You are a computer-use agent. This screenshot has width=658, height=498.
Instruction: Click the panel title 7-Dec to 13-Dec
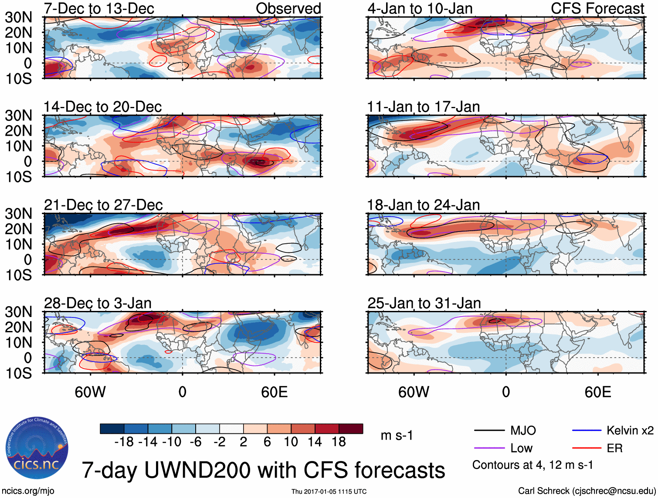point(99,8)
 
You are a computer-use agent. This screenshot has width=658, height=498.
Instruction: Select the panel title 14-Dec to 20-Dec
point(103,107)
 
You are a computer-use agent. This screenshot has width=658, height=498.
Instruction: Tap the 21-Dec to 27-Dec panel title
point(103,205)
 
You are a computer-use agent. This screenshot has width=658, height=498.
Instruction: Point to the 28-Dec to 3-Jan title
point(98,303)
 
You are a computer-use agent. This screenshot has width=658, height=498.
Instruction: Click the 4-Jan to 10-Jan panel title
point(420,8)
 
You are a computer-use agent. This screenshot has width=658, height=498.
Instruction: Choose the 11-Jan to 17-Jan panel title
point(424,107)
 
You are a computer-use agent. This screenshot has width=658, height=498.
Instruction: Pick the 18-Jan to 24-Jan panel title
point(424,205)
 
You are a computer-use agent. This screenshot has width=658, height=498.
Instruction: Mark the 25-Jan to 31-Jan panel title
point(424,303)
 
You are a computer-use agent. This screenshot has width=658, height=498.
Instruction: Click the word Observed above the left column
point(288,8)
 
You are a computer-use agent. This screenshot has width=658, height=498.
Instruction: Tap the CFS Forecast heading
point(597,8)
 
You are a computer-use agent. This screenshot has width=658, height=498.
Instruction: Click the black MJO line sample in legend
point(489,431)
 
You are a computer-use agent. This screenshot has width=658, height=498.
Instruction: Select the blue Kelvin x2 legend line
point(587,431)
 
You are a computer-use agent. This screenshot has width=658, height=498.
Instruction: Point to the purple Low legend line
point(489,448)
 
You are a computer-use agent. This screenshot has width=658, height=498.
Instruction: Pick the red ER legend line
point(587,448)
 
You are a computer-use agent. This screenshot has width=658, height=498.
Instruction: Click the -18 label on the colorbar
point(124,442)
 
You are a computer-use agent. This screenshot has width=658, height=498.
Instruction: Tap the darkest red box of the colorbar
point(351,429)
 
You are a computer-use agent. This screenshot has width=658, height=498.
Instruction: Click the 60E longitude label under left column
point(275,392)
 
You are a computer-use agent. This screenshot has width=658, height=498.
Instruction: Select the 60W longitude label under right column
point(414,392)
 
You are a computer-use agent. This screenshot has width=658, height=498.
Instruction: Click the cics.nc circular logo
point(37,448)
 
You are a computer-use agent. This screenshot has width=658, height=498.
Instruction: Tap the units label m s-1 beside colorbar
point(397,436)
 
